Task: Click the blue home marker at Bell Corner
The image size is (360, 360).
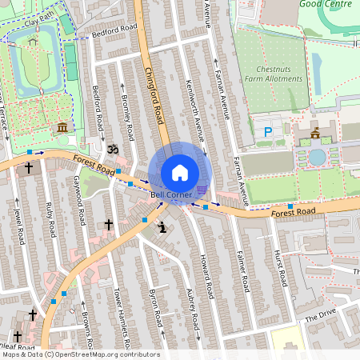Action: [x=180, y=173]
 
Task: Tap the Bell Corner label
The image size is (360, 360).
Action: [x=171, y=195]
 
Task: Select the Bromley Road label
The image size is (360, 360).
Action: [x=126, y=117]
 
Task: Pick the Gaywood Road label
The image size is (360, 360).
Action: [x=79, y=200]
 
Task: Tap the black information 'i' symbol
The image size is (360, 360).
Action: [x=163, y=227]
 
